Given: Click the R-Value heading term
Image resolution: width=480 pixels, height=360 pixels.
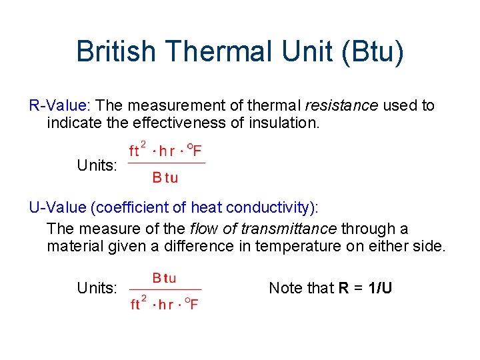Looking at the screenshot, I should coord(59,105).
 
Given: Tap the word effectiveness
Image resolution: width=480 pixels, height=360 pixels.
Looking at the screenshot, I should coord(173,123).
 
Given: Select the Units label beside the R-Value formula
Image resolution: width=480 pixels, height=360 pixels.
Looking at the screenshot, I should coord(97,165).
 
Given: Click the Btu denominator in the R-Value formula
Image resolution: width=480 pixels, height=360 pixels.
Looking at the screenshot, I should coord(165,178).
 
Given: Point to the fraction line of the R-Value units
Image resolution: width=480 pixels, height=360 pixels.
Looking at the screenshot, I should coord(166,163).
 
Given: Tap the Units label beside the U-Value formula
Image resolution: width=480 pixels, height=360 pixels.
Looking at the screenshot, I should coord(97,289).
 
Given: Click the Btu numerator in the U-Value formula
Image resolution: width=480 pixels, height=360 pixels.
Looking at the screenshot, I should coord(164,278).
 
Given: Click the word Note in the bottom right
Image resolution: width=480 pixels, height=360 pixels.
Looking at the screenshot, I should coord(283,289).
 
